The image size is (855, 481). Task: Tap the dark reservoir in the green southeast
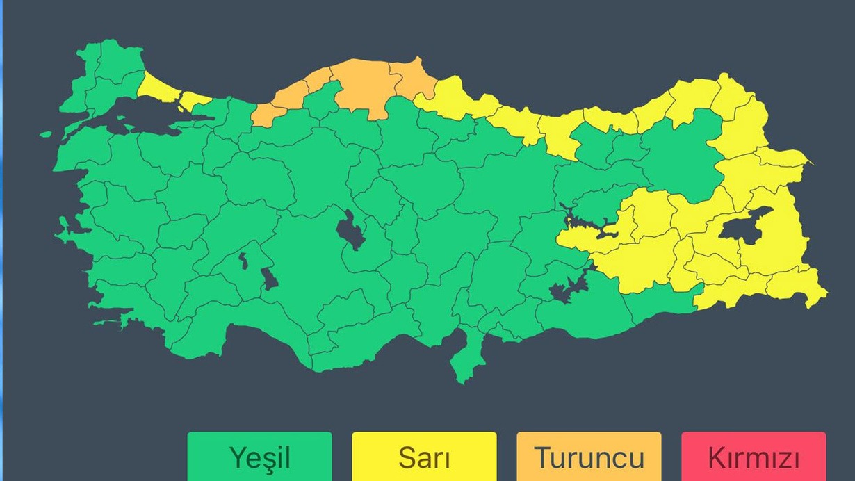567,288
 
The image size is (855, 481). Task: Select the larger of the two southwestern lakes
270,278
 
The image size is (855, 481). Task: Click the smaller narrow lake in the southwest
244,261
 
